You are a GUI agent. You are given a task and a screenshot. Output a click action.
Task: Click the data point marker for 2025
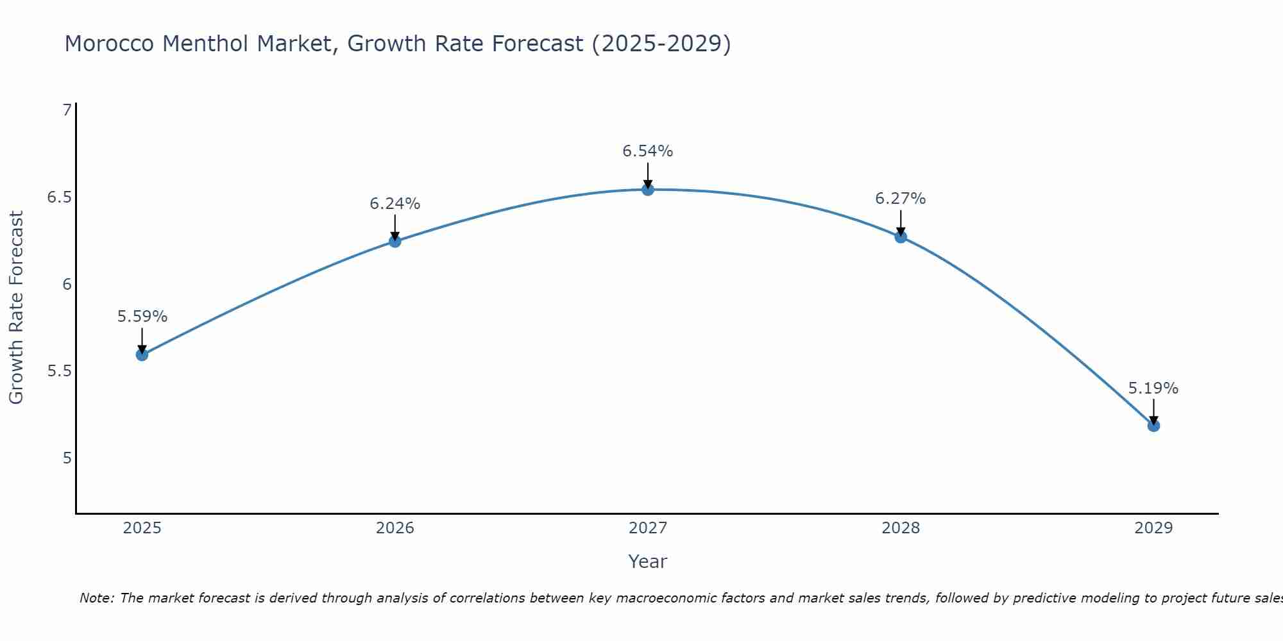[x=142, y=354]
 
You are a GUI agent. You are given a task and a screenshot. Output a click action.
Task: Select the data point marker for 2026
[x=395, y=242]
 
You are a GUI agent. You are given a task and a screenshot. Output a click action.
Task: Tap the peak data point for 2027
[x=648, y=189]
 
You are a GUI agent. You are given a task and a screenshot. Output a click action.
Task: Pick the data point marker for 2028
[x=901, y=237]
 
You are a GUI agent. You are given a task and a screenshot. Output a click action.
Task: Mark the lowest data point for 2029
[x=1153, y=426]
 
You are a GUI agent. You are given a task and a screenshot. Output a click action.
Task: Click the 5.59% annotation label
[x=142, y=317]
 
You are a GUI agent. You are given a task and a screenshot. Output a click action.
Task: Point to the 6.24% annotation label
[x=395, y=204]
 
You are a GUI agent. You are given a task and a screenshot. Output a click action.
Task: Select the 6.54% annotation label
[x=648, y=151]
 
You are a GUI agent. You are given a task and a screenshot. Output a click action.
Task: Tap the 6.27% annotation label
[x=901, y=199]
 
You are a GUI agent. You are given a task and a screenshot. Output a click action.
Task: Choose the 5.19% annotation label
[x=1153, y=388]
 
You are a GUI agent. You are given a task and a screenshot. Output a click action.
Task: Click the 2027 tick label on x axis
[x=648, y=528]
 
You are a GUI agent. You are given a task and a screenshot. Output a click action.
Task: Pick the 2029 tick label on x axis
[x=1153, y=528]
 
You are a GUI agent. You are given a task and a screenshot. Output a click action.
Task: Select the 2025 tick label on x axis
[x=142, y=528]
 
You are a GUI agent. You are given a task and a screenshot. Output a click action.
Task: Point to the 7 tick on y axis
[x=67, y=110]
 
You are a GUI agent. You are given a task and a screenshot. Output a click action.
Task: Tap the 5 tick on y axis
[x=67, y=458]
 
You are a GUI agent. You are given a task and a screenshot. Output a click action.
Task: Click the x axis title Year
[x=648, y=562]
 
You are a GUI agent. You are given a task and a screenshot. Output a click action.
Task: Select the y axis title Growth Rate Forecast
[x=17, y=307]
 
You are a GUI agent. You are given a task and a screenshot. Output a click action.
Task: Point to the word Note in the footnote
[x=96, y=598]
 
